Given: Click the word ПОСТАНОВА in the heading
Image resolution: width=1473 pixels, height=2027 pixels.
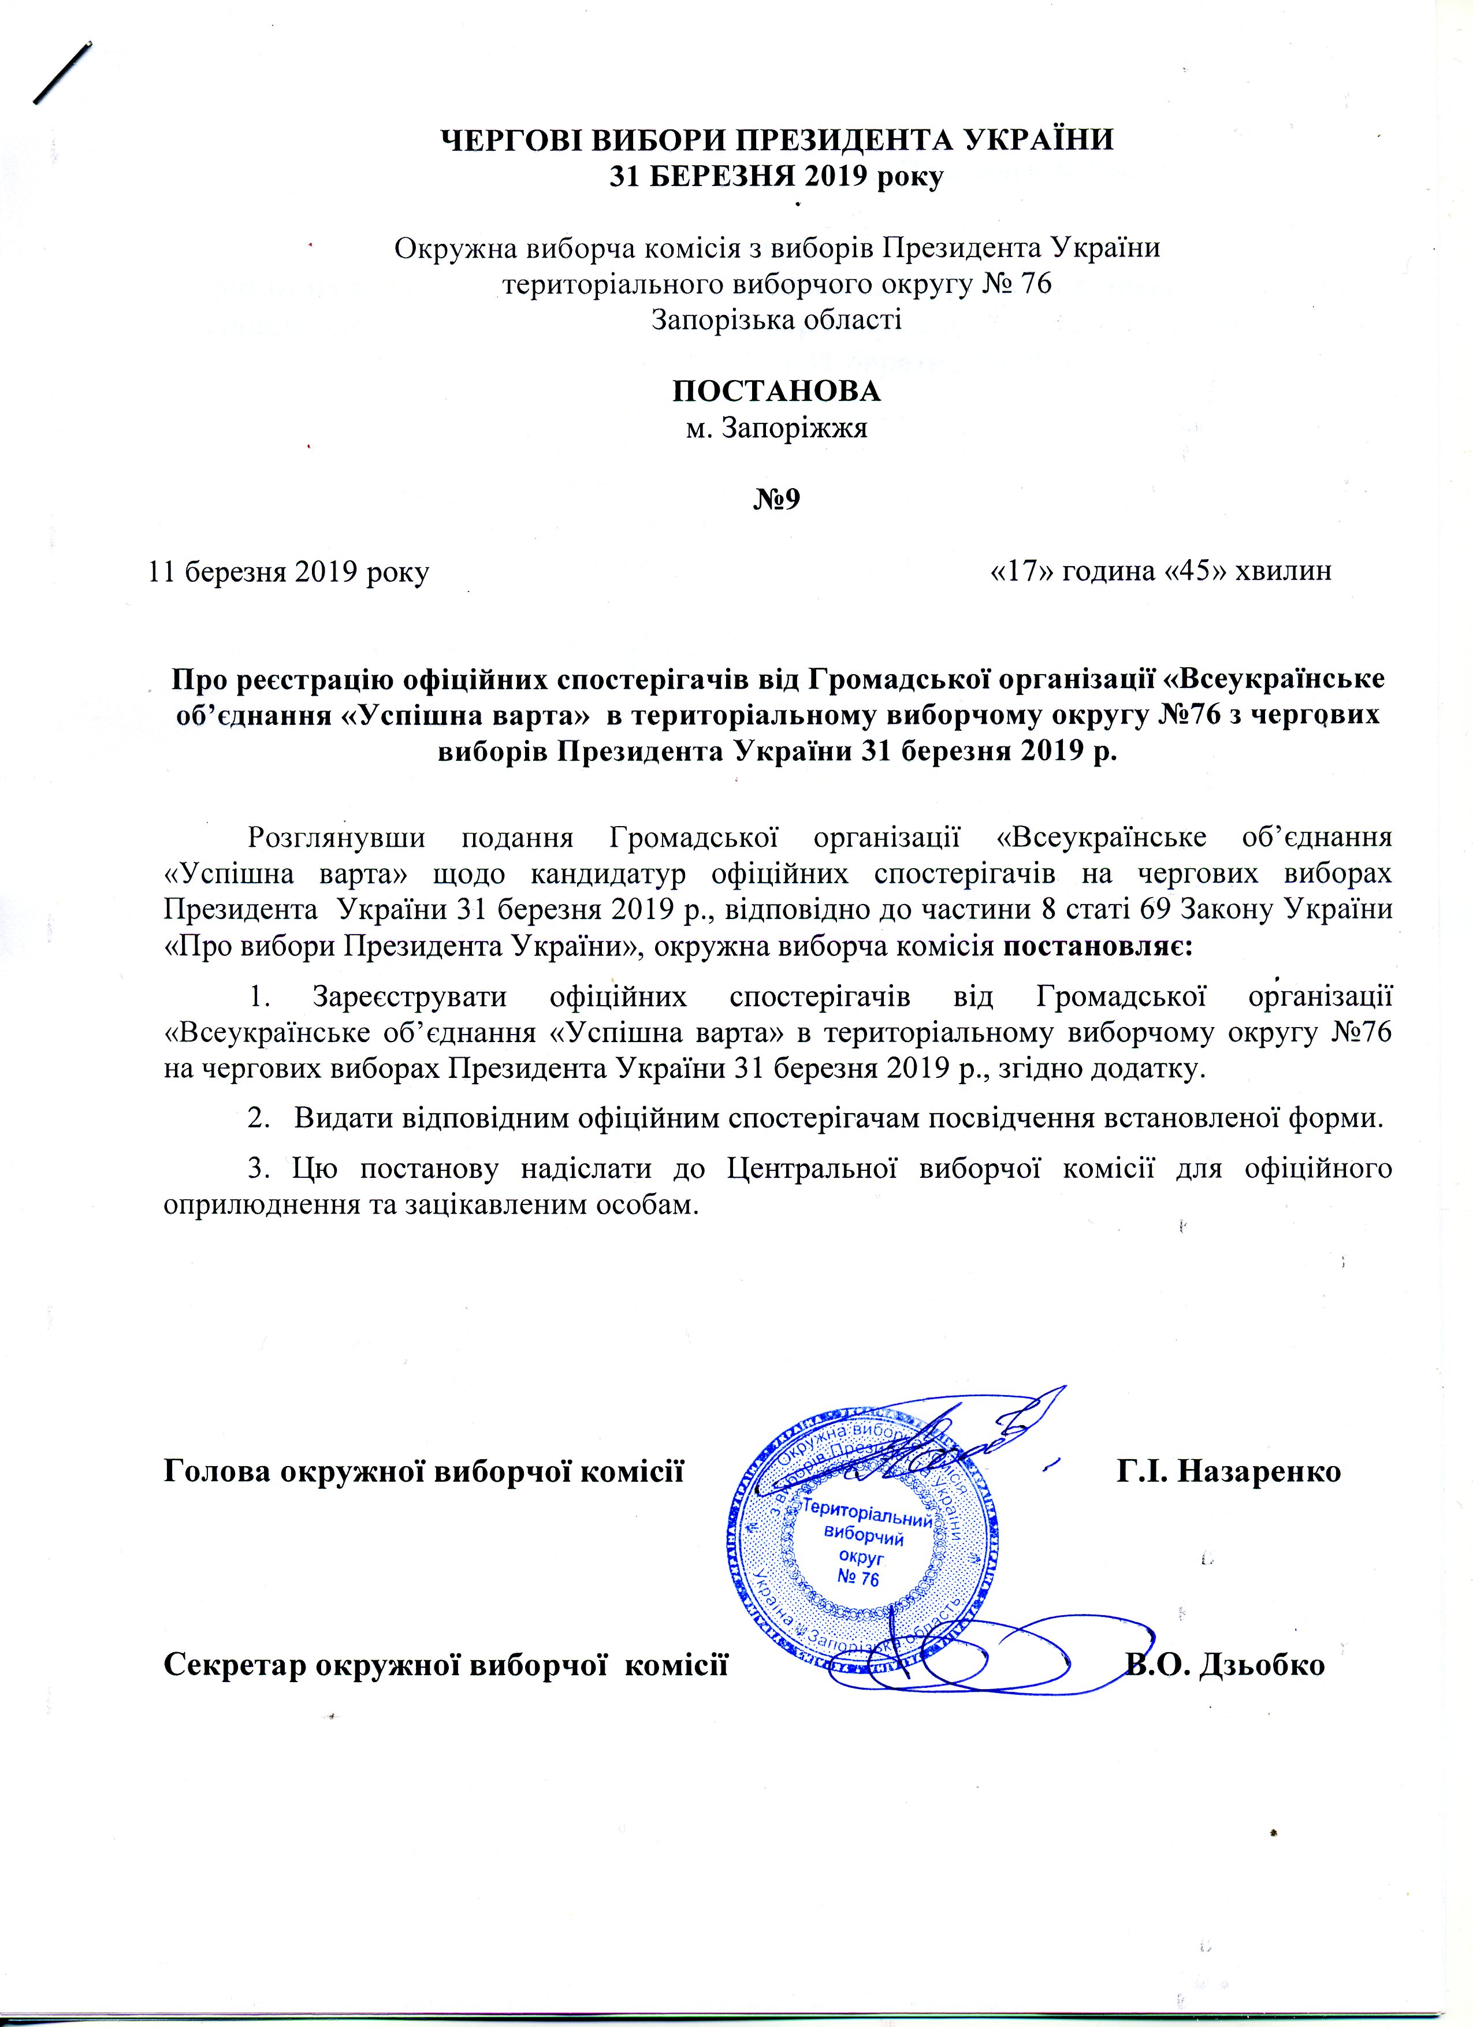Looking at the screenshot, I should point(776,392).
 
